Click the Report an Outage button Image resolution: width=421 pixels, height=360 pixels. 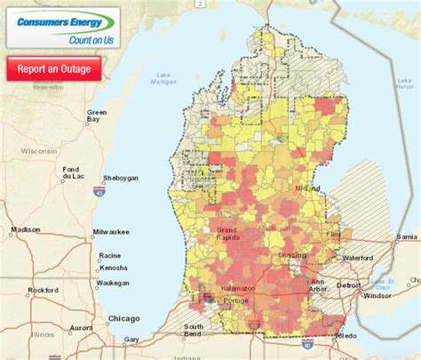(x=53, y=68)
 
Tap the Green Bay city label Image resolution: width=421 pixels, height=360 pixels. (x=97, y=118)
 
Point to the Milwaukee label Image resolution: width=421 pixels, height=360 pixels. (x=115, y=235)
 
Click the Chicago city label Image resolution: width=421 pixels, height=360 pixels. (x=123, y=318)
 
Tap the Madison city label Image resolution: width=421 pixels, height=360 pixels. (x=25, y=229)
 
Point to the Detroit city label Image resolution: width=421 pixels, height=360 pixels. (x=349, y=285)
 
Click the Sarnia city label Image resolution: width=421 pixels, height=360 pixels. (x=407, y=237)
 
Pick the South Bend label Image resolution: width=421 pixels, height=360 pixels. (x=194, y=332)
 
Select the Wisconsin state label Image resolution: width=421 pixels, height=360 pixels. (x=38, y=151)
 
